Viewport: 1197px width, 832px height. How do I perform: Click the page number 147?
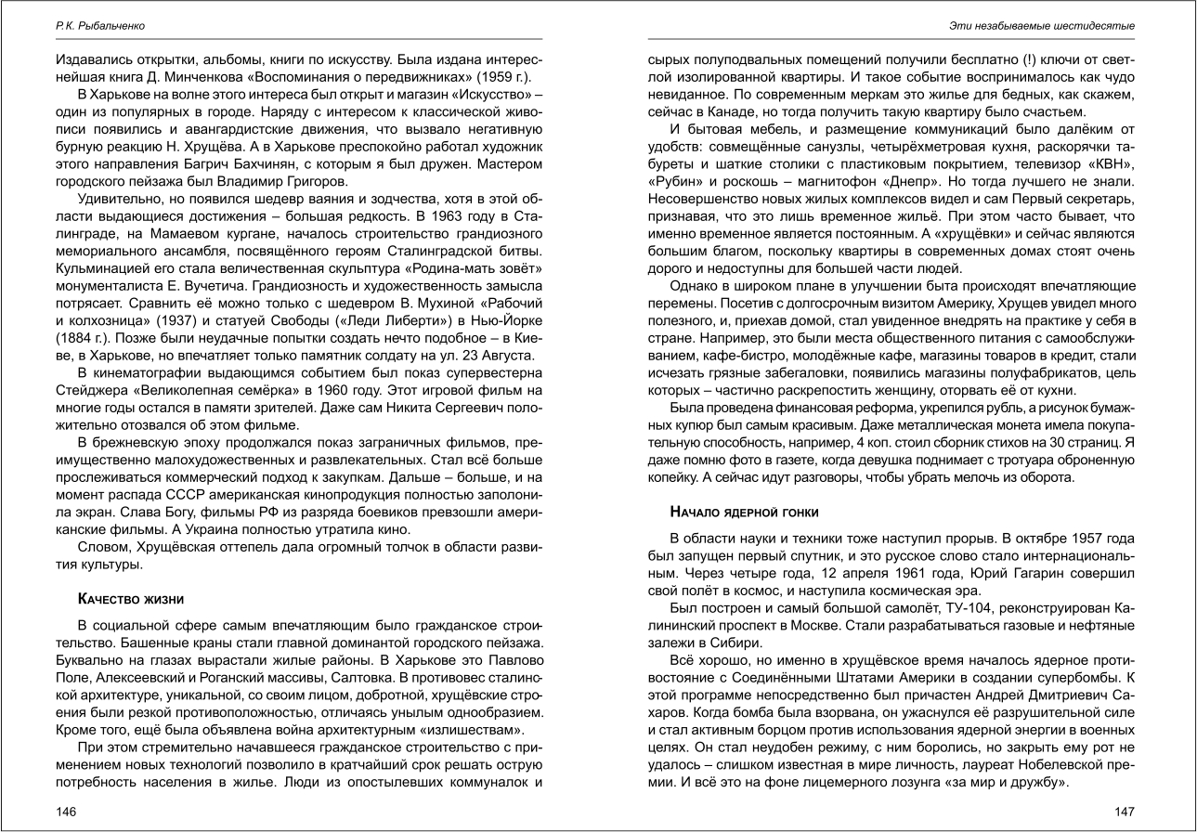tap(1125, 811)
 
